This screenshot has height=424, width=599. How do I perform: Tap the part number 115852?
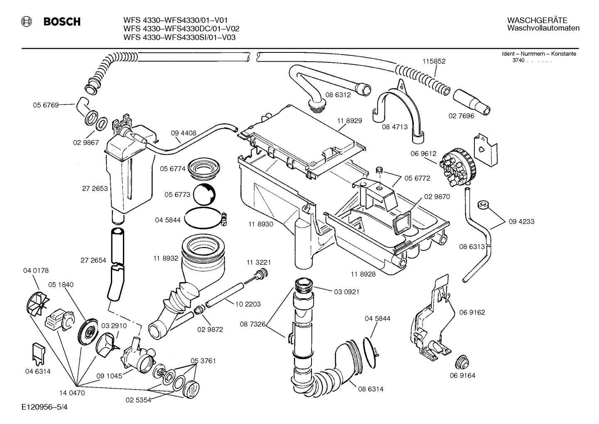tap(434, 61)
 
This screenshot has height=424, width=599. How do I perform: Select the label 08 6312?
tap(338, 95)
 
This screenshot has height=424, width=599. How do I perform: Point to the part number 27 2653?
tap(95, 188)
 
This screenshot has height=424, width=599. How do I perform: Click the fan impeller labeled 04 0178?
tap(35, 302)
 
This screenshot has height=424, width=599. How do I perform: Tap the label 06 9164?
tap(462, 375)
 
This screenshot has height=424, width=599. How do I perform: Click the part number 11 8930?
tap(261, 224)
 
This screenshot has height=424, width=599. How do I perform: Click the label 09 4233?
tap(521, 222)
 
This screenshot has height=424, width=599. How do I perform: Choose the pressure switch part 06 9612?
tap(456, 167)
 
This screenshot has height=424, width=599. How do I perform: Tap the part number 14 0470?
tap(72, 392)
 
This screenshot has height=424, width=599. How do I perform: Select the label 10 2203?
tap(248, 304)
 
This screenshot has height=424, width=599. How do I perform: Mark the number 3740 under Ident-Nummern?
tap(518, 61)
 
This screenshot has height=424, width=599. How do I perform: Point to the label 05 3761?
tap(203, 361)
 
